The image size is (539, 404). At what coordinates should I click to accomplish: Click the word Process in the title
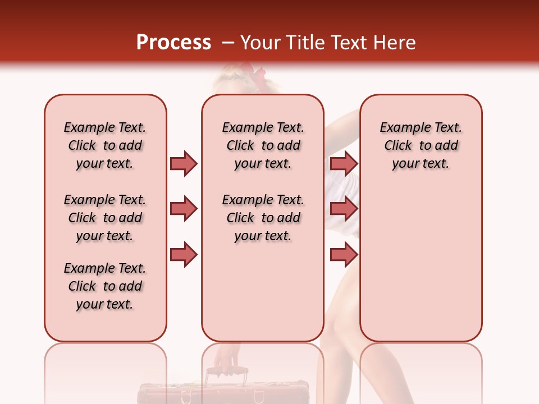point(173,43)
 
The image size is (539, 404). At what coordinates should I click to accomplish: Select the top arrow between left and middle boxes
point(184,163)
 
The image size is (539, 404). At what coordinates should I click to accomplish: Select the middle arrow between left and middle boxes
point(184,209)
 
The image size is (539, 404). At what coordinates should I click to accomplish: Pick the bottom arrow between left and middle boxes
point(184,255)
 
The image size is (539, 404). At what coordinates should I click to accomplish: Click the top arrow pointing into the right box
point(344,163)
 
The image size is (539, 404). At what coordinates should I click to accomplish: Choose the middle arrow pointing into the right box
point(344,209)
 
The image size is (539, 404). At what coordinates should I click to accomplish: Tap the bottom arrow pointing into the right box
point(344,255)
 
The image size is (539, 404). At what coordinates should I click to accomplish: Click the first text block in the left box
point(105,145)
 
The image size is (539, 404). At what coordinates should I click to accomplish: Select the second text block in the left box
point(105,218)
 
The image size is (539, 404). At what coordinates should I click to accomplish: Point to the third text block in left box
point(105,286)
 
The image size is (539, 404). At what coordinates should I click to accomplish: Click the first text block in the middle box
point(263,145)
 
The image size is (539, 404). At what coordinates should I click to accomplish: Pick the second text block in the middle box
point(263,218)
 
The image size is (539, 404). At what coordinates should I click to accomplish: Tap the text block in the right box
point(421,145)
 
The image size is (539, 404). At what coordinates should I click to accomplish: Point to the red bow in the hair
point(259,76)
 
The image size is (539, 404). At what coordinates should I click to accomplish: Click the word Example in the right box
point(403,128)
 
